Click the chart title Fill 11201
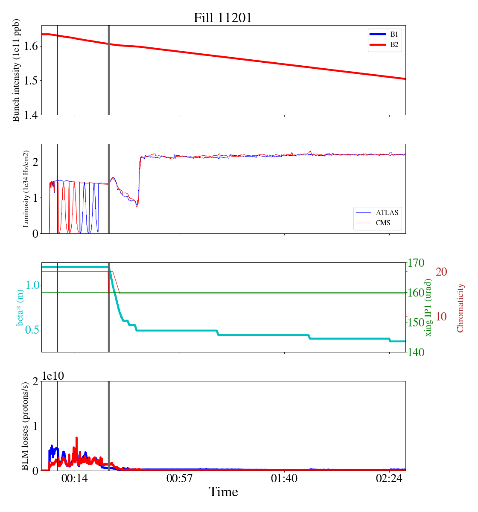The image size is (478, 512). pyautogui.click(x=223, y=17)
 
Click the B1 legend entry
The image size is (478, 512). pyautogui.click(x=394, y=34)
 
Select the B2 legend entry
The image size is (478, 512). pyautogui.click(x=394, y=44)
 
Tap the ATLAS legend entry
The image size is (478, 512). pyautogui.click(x=387, y=212)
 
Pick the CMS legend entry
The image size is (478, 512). pyautogui.click(x=383, y=223)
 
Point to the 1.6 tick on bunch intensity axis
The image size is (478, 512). pyautogui.click(x=31, y=46)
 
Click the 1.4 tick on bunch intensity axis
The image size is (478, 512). pyautogui.click(x=31, y=115)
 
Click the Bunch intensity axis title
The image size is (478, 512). pyautogui.click(x=16, y=70)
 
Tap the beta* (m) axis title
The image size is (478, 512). pyautogui.click(x=20, y=307)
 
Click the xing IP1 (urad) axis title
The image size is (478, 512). pyautogui.click(x=428, y=307)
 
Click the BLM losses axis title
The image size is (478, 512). pyautogui.click(x=26, y=426)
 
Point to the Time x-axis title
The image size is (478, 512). pyautogui.click(x=223, y=492)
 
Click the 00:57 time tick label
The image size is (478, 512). pyautogui.click(x=180, y=479)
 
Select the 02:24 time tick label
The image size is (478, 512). pyautogui.click(x=389, y=479)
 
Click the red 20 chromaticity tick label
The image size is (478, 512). pyautogui.click(x=441, y=272)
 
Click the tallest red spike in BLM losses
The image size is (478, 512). pyautogui.click(x=76, y=438)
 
